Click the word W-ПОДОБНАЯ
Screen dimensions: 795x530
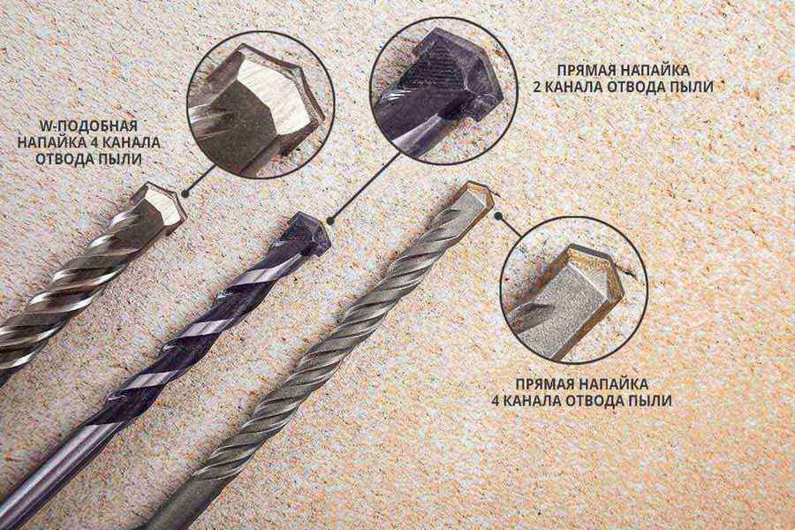(88, 125)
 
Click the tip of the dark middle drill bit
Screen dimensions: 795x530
(308, 231)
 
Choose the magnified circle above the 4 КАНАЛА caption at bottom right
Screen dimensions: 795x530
(574, 289)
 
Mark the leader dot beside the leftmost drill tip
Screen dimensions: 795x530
(185, 193)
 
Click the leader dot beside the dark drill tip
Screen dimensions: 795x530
(329, 221)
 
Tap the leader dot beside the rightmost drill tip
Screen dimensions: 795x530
(499, 216)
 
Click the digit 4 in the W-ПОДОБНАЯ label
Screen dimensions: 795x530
(95, 142)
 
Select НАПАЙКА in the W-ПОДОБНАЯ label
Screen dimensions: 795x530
(49, 142)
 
